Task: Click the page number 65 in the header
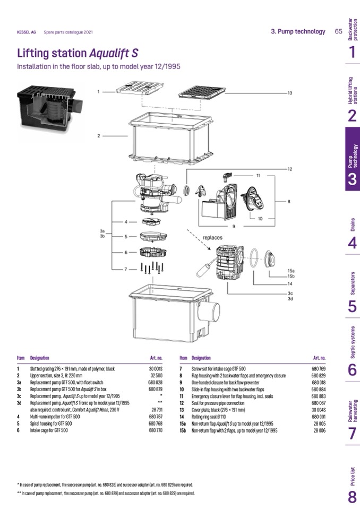pos(338,31)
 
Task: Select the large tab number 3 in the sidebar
pos(352,179)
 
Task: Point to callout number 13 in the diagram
pos(290,93)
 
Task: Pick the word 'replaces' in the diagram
pos(212,237)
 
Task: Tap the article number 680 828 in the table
pos(155,382)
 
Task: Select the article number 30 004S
pos(319,409)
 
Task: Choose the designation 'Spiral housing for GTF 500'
pos(52,424)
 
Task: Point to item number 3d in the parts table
pos(19,403)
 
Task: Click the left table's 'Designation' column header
pos(40,358)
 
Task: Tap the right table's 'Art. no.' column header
pos(320,358)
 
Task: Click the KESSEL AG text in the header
pos(27,32)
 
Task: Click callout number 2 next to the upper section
pos(98,136)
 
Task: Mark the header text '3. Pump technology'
pos(298,31)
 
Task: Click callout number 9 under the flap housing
pos(233,227)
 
